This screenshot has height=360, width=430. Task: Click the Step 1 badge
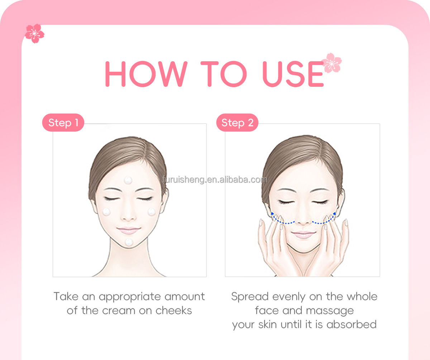(x=63, y=123)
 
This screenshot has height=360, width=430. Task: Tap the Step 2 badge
(x=237, y=123)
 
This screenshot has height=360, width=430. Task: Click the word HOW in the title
(x=146, y=74)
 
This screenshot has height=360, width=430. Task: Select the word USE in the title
(x=293, y=74)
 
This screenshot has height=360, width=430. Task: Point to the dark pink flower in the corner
(x=34, y=33)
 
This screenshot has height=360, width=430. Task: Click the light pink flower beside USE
(x=332, y=63)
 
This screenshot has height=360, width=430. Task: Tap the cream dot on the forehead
(x=128, y=180)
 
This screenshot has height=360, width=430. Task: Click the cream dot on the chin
(x=129, y=242)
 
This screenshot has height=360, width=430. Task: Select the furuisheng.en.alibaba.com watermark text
(x=215, y=180)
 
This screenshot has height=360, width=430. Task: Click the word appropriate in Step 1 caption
(x=129, y=297)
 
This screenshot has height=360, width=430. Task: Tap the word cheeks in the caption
(x=173, y=311)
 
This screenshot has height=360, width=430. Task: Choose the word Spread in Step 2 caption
(x=250, y=297)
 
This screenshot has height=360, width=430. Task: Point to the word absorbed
(x=352, y=325)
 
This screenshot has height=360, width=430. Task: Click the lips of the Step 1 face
(x=129, y=231)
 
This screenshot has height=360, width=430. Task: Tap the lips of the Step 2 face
(x=303, y=235)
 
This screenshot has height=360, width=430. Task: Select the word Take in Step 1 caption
(x=66, y=297)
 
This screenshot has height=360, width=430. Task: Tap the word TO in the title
(x=224, y=74)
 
